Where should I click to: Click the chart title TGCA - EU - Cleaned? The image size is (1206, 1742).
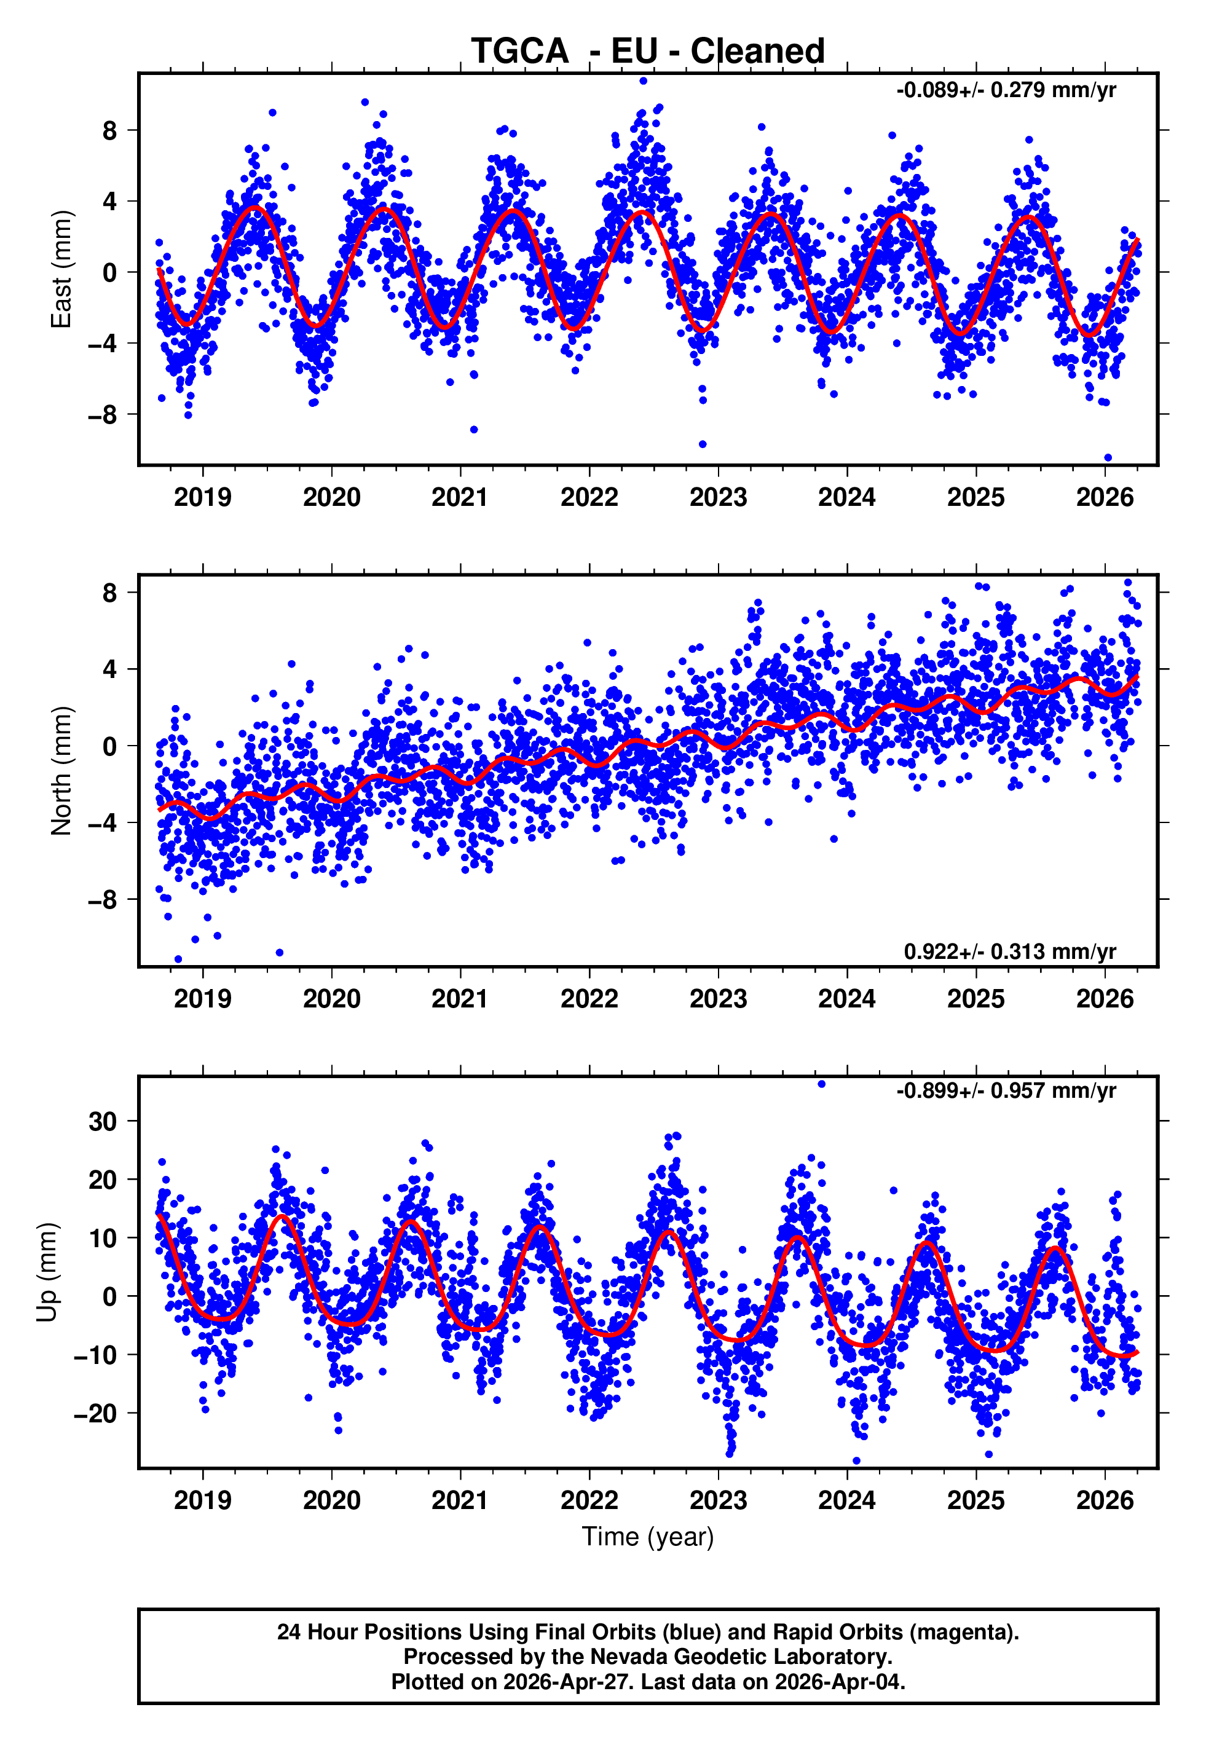[x=648, y=52]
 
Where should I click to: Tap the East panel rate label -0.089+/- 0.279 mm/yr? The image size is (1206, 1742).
[x=1006, y=90]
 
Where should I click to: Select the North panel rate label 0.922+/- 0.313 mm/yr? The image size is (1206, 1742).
[x=1009, y=951]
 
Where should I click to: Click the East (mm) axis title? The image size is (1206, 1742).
[x=61, y=270]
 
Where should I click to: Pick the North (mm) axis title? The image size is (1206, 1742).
[x=61, y=771]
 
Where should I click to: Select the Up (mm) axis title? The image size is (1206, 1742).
[x=47, y=1272]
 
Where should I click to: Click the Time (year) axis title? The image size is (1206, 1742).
[x=648, y=1537]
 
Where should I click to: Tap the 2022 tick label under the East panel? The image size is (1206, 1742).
[x=589, y=497]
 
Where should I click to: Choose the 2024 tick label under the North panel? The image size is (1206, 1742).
[x=847, y=999]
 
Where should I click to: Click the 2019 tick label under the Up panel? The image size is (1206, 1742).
[x=202, y=1500]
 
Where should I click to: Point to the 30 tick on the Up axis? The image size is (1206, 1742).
[x=103, y=1122]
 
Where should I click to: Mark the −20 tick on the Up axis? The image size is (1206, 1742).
[x=95, y=1413]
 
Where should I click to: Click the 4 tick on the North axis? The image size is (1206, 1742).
[x=110, y=669]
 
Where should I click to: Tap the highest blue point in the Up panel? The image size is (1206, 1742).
[x=821, y=1084]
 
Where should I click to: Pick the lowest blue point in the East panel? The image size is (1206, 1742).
[x=1108, y=457]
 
